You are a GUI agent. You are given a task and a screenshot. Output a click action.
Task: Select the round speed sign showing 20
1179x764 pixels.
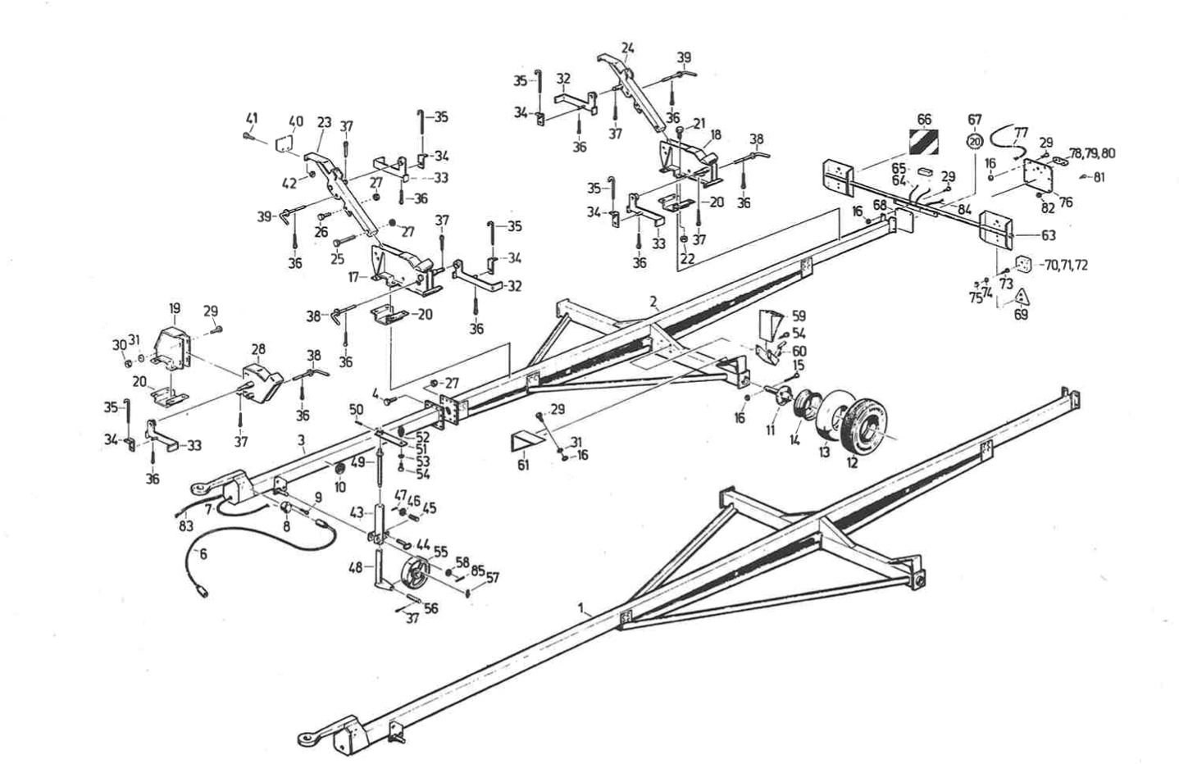(x=974, y=141)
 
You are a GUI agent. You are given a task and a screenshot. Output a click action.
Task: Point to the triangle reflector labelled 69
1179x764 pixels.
(x=1021, y=296)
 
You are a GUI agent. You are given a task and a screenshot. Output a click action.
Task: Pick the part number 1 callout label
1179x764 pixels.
(x=581, y=609)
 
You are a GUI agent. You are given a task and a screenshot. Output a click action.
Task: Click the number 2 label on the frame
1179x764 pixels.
(x=653, y=301)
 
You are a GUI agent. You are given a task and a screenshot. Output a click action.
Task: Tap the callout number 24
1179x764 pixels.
(x=627, y=48)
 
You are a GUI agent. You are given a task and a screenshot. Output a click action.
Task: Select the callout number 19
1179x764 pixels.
(x=175, y=308)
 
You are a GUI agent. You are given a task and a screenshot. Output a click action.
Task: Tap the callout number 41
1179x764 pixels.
(x=252, y=118)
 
